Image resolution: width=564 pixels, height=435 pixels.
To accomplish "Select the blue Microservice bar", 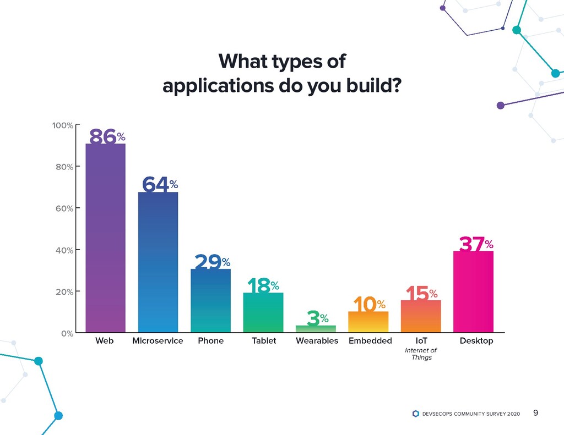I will tap(158, 262).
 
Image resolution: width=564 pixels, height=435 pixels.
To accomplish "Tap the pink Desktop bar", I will tap(473, 291).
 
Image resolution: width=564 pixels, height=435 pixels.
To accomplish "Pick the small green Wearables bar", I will tap(316, 329).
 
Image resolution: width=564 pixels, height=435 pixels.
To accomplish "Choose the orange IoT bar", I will tap(421, 316).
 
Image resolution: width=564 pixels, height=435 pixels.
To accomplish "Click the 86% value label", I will tap(107, 136).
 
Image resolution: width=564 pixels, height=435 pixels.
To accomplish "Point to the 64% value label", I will tap(159, 184).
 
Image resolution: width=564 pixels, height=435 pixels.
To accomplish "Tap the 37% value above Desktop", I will tap(476, 244).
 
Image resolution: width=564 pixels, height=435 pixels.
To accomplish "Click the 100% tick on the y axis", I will tap(62, 125).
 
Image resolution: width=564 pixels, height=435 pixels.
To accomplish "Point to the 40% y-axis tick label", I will tap(64, 250).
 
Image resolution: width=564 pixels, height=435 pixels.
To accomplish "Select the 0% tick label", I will tap(67, 333).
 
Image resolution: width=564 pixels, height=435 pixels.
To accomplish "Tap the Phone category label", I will tap(210, 341).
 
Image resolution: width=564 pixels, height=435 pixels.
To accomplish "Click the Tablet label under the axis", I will tap(264, 341).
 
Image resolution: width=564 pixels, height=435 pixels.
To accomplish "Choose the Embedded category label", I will tap(370, 341).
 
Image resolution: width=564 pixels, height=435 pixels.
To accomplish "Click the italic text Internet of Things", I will tap(421, 354).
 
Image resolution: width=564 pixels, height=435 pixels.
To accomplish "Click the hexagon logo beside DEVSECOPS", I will tap(415, 414).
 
